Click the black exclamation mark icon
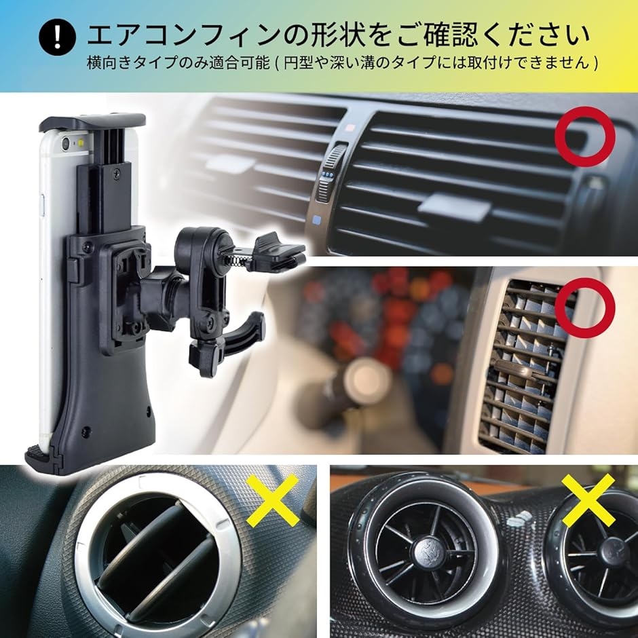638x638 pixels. coord(58,37)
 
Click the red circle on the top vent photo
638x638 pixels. coord(584,136)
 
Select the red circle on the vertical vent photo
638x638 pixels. coord(584,308)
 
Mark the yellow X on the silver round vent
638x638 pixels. coord(273,502)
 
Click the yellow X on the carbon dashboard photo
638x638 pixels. coord(588,500)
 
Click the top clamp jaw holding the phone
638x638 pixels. coord(92,121)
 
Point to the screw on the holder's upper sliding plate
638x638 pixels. coord(116,174)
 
